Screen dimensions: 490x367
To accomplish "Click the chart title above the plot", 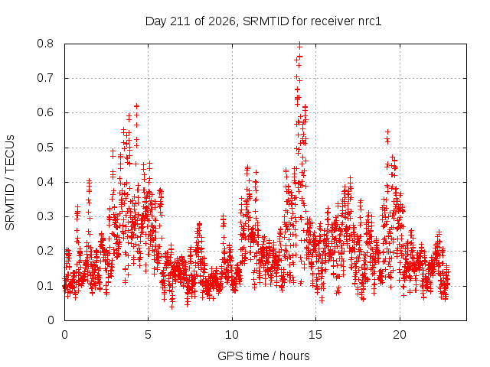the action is [263, 21].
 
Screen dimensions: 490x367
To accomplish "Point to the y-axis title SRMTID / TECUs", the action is [10, 183].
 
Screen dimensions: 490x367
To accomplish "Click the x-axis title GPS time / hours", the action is [263, 356].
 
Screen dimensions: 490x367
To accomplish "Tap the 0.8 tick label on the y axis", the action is [45, 44].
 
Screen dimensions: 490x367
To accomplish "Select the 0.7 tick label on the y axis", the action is [45, 78].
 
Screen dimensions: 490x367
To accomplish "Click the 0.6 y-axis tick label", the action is [45, 112].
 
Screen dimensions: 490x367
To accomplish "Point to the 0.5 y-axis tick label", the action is [45, 148].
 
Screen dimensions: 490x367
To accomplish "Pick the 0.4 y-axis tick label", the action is [45, 182].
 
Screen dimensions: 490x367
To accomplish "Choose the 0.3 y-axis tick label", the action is [45, 216].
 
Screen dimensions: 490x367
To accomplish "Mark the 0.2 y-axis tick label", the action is [45, 252].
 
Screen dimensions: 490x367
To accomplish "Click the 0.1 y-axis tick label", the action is [45, 286].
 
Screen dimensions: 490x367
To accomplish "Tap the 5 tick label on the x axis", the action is [148, 335].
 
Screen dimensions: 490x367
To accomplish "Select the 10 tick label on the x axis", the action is [232, 335].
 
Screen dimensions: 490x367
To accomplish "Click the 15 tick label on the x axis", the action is [315, 335].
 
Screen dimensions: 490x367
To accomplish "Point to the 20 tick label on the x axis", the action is [400, 335].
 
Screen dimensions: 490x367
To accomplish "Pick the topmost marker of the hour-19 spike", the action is [387, 132].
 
